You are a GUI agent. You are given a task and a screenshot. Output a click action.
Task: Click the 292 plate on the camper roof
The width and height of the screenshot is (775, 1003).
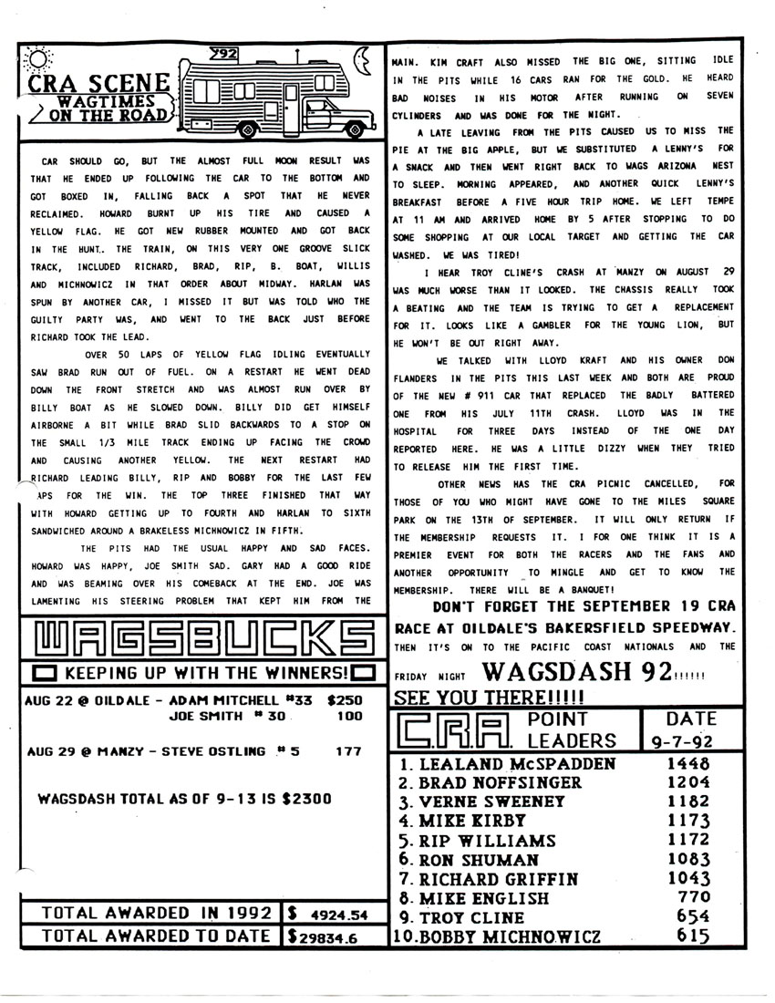[x=223, y=53]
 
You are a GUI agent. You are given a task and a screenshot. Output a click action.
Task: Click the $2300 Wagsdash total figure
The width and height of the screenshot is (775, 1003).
[x=305, y=799]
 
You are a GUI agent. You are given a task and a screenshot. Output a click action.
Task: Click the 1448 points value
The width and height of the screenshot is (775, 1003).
[x=687, y=764]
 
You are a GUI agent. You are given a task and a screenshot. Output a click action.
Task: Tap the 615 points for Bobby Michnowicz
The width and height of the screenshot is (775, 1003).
[x=695, y=936]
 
